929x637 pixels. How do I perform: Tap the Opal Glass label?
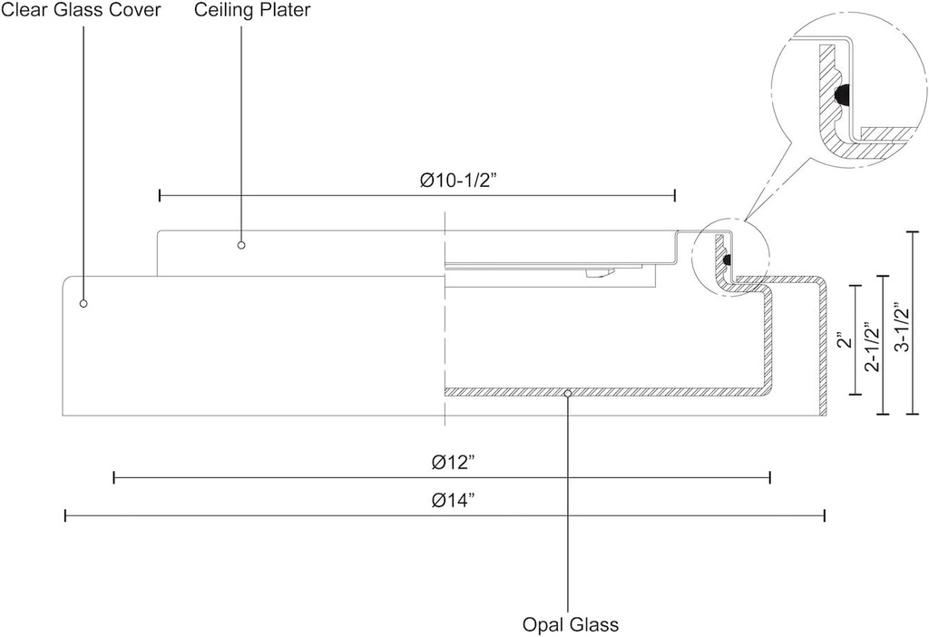(x=570, y=624)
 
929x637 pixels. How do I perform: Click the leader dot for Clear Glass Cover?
(x=83, y=303)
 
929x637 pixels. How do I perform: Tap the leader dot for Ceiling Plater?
(x=241, y=244)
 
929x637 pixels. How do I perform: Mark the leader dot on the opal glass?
(x=568, y=394)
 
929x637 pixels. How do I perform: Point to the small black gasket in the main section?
(x=728, y=260)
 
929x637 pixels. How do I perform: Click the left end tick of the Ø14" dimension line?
(x=65, y=516)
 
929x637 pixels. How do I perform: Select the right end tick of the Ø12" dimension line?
(x=770, y=477)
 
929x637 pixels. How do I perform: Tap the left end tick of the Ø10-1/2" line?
(x=160, y=195)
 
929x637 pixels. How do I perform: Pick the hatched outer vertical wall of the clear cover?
(x=824, y=345)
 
